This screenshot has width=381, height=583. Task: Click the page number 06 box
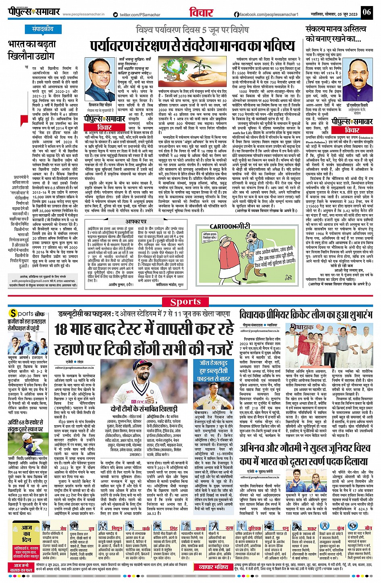coord(366,12)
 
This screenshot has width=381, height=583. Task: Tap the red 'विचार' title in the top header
coord(201,13)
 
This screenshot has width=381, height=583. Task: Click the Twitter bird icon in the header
coord(115,14)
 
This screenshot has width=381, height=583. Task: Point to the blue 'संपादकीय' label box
coord(43,29)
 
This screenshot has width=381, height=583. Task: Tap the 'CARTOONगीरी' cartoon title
coord(228,226)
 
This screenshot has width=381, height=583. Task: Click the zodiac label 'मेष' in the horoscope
coord(63,528)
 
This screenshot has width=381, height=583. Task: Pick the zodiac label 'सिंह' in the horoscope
coord(173,528)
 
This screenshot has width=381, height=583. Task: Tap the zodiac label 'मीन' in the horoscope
coord(368,528)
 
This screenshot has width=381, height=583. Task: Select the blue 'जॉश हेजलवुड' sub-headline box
coord(213,371)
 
